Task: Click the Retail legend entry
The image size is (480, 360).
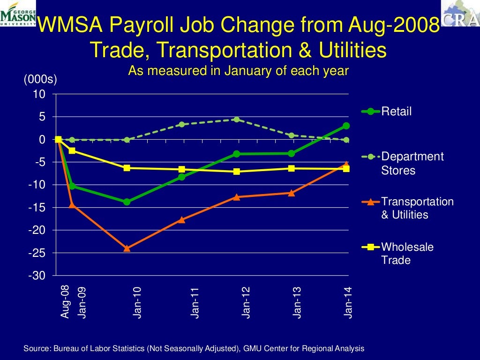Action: [396, 112]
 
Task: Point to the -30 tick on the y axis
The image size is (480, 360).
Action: [37, 276]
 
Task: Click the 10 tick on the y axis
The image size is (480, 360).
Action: [39, 94]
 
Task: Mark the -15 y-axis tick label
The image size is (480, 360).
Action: [37, 208]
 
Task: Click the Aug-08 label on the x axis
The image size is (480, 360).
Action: [65, 301]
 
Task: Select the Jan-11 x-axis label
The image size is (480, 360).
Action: [195, 302]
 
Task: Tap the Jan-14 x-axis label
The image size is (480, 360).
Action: [348, 302]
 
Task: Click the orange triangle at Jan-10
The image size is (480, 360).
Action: [127, 248]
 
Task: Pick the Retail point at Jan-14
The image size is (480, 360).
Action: [346, 126]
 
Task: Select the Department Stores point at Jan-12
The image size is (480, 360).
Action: [237, 120]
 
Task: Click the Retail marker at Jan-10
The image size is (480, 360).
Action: [127, 202]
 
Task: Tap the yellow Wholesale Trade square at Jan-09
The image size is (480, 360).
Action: [72, 150]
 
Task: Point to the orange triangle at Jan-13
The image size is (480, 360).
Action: [292, 193]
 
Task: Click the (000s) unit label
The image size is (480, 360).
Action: [40, 80]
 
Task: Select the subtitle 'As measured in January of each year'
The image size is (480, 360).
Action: [239, 71]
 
